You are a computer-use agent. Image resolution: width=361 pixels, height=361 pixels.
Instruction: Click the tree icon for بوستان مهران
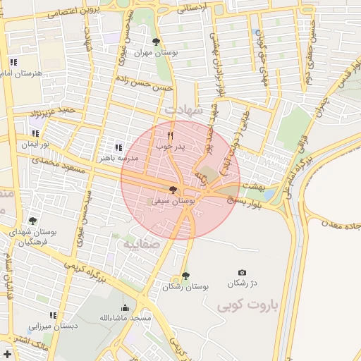tap(156, 42)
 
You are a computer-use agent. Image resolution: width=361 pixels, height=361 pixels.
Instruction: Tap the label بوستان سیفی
tap(173, 201)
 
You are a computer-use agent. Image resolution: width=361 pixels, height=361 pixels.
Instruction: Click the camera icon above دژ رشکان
tap(243, 272)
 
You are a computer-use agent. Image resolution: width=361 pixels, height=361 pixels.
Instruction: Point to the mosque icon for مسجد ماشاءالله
tap(126, 307)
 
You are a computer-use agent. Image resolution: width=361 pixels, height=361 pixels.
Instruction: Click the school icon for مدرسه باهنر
tap(118, 147)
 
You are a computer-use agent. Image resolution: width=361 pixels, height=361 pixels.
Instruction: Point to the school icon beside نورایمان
tap(36, 133)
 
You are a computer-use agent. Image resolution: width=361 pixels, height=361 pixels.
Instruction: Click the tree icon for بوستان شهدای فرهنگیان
tap(32, 221)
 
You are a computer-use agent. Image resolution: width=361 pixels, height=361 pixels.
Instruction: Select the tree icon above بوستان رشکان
tap(185, 276)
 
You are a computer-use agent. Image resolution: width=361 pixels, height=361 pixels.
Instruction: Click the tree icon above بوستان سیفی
tap(173, 190)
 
